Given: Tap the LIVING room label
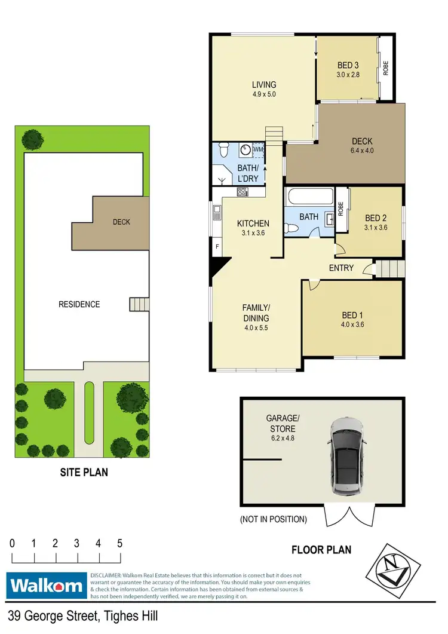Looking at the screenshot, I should coord(263,85).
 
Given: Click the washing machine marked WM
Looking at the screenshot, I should coord(258,149).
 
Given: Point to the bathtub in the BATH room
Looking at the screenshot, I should coord(309,197).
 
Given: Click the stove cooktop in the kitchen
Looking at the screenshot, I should coord(243,192).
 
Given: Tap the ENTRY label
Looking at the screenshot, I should coord(341,268).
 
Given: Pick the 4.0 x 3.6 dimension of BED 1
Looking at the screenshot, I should coord(352,324).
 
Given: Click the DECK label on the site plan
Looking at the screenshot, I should coord(121,222).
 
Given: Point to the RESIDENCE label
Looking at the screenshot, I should coord(79,304).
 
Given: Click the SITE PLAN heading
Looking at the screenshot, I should coord(84,472).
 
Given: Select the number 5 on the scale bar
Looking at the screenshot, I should coord(120,544).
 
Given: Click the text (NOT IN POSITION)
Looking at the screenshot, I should coord(273,519).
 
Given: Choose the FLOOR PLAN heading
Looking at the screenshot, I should coord(321,549).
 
